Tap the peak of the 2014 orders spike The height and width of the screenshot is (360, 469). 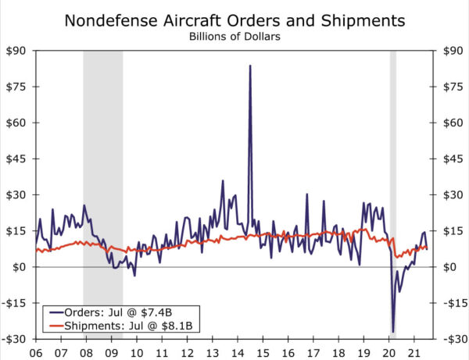point(250,66)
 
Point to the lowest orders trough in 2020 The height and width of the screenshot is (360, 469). point(393,332)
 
